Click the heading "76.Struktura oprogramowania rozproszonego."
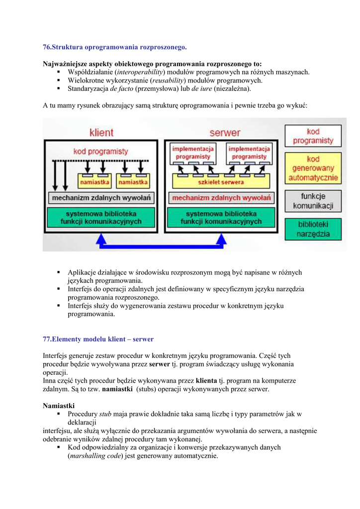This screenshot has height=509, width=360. point(115,47)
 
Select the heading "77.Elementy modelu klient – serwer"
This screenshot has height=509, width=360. point(98,339)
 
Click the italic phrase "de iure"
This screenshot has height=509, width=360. point(202,89)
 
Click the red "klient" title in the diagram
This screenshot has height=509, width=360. point(101,133)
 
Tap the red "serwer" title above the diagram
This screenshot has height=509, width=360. point(225,133)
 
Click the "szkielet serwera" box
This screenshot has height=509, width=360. point(221,182)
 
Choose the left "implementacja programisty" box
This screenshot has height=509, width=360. point(193,153)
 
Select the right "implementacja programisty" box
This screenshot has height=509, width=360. point(249,153)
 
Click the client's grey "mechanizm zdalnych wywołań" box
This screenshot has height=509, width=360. point(101,198)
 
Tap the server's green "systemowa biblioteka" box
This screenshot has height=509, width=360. point(221,217)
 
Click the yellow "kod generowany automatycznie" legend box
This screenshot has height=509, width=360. point(313,169)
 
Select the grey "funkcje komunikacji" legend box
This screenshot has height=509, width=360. point(313,201)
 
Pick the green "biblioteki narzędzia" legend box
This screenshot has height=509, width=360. point(313,229)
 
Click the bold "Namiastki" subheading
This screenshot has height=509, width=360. point(59,406)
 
